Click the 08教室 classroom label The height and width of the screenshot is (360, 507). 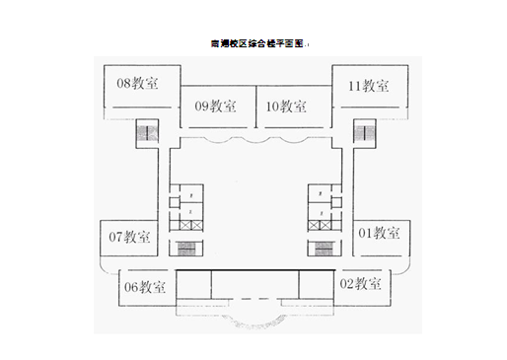138,84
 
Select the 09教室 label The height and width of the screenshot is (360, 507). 215,107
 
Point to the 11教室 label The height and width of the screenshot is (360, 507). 368,86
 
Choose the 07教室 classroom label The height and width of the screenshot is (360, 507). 129,237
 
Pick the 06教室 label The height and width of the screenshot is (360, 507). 144,287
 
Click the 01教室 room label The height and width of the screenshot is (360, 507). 379,234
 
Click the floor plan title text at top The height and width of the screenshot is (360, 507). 258,44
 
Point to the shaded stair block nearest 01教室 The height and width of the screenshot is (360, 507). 324,248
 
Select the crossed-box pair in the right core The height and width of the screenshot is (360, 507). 322,225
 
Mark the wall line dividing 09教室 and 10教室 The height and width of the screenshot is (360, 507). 254,107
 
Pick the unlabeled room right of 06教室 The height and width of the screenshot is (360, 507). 194,284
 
